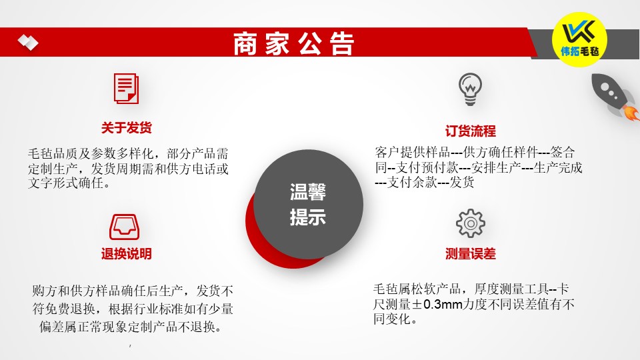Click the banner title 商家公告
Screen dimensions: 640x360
[293, 43]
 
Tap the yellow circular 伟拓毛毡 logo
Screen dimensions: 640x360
[579, 39]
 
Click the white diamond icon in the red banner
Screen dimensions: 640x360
[28, 42]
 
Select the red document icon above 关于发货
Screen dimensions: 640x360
[126, 89]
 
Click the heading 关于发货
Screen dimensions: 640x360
[126, 128]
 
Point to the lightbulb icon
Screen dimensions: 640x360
[470, 89]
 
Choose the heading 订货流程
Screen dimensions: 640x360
[470, 131]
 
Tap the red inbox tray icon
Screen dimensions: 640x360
[125, 227]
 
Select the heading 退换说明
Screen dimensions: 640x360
[126, 254]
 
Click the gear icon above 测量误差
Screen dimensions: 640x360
[471, 223]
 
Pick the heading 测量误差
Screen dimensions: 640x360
[470, 254]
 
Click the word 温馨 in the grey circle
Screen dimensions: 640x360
[308, 192]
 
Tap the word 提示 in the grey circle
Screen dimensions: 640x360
[308, 217]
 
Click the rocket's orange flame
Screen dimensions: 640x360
[631, 113]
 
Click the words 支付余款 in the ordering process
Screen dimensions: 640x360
[411, 183]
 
